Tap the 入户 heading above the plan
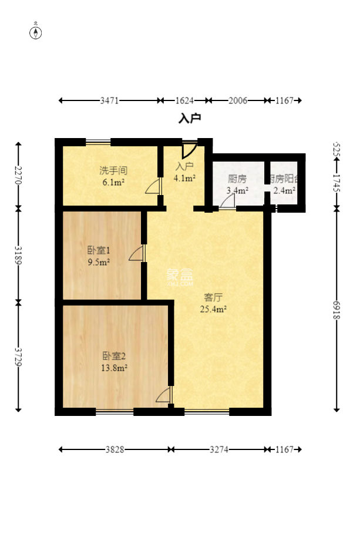tap(190, 119)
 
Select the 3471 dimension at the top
tap(109, 100)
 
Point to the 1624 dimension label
tap(184, 100)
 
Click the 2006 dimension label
tap(237, 100)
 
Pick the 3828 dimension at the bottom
tap(115, 449)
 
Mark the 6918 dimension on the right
tap(337, 309)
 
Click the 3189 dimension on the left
tap(18, 254)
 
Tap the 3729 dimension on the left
tap(18, 355)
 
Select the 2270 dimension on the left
tap(18, 174)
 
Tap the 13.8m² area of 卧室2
tap(115, 368)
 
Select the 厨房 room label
tap(237, 179)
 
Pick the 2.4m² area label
tap(285, 190)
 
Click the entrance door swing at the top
tap(189, 149)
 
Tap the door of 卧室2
tap(164, 395)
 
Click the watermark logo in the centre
tap(180, 275)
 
